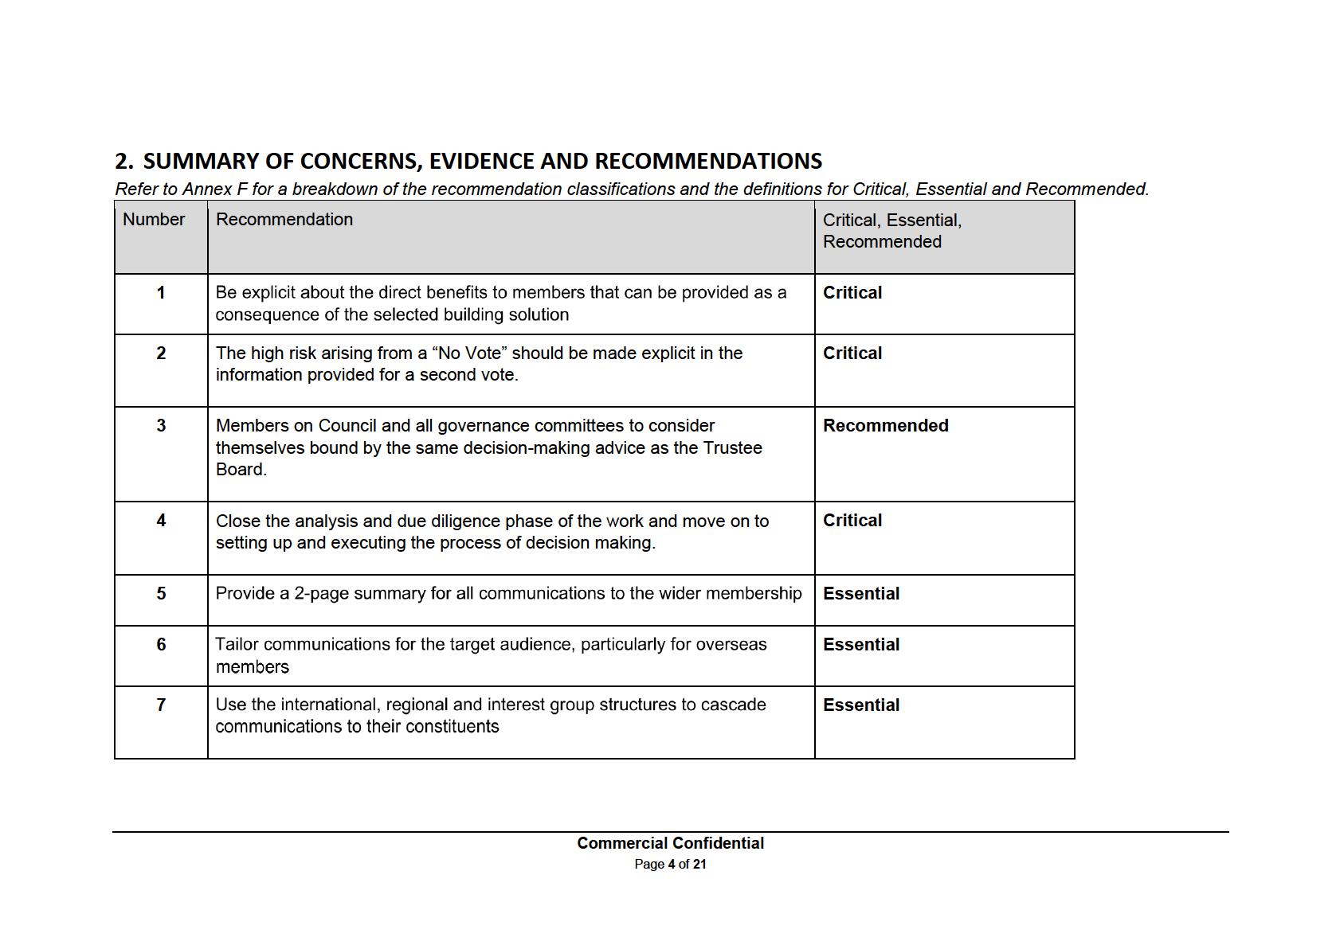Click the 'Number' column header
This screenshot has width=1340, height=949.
(x=154, y=220)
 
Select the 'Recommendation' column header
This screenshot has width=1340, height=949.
(x=284, y=220)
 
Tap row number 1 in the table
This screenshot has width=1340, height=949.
(x=161, y=293)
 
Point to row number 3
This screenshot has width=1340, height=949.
(x=161, y=426)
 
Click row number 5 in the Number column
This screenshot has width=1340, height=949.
(x=161, y=594)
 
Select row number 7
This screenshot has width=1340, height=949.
(x=161, y=705)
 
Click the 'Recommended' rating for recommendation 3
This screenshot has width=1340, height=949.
(x=885, y=426)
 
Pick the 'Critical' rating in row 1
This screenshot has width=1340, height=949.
(x=852, y=293)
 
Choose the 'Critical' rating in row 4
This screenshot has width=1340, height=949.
(x=852, y=521)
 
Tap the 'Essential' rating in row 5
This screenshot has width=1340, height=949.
(x=860, y=594)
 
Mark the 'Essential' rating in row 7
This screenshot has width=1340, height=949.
(x=860, y=705)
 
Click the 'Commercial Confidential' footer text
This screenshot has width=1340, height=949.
(x=670, y=843)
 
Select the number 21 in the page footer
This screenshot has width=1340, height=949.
(x=699, y=865)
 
